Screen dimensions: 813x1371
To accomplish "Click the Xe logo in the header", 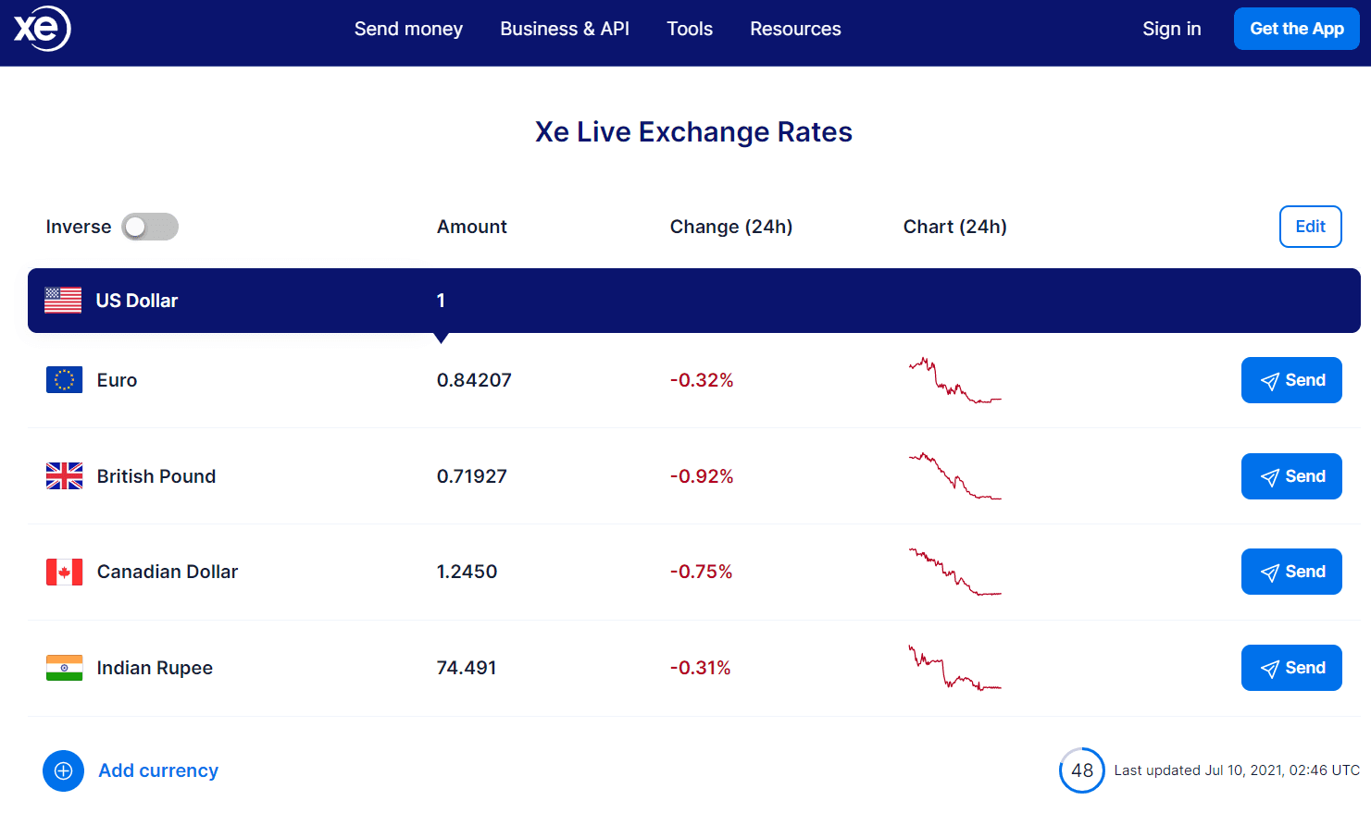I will pyautogui.click(x=42, y=29).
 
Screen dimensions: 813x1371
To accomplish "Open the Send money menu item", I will pyautogui.click(x=408, y=29).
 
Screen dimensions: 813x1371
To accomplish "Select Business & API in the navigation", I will pyautogui.click(x=565, y=29).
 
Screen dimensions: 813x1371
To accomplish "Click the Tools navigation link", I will pyautogui.click(x=690, y=29).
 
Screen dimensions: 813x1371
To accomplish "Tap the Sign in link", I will pyautogui.click(x=1171, y=29).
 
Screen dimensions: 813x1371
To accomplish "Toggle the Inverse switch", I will pyautogui.click(x=150, y=227).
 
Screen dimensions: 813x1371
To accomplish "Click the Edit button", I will pyautogui.click(x=1310, y=227).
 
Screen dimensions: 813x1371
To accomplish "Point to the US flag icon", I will pyautogui.click(x=63, y=301).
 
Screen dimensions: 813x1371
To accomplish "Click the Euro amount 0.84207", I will pyautogui.click(x=474, y=380).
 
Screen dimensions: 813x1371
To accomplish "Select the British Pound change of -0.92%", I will pyautogui.click(x=702, y=476).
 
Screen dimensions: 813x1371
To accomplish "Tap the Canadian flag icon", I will pyautogui.click(x=64, y=572).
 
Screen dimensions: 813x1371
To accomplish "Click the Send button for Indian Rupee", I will pyautogui.click(x=1291, y=668).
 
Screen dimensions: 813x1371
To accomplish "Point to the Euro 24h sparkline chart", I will pyautogui.click(x=954, y=380).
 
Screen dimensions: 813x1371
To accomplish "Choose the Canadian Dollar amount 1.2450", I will pyautogui.click(x=467, y=572).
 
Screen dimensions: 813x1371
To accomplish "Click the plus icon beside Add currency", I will pyautogui.click(x=63, y=770).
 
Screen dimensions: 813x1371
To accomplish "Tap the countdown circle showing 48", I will pyautogui.click(x=1081, y=770).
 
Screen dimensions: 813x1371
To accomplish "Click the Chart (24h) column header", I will pyautogui.click(x=954, y=227).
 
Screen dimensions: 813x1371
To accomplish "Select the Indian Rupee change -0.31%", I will pyautogui.click(x=701, y=668).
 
